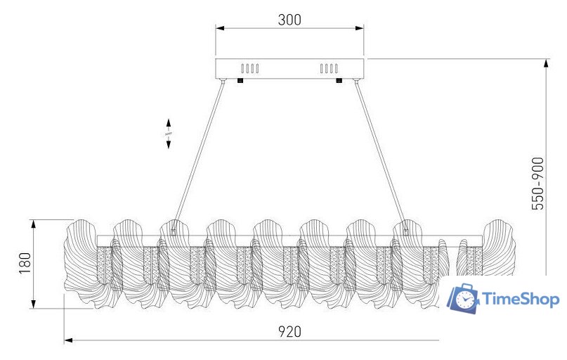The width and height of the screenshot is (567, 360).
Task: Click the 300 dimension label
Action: click(289, 20)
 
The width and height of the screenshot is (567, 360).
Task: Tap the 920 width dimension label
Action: click(289, 331)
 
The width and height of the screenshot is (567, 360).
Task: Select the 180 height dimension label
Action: click(25, 264)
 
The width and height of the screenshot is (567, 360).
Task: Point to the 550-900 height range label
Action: click(537, 184)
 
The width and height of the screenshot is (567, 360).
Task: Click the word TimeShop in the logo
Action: click(521, 300)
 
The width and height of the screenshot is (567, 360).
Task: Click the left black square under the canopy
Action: click(240, 81)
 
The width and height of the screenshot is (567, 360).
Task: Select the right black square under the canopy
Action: click(339, 81)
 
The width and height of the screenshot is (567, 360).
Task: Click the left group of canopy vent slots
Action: click(250, 68)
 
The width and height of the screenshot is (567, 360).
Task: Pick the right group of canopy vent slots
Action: click(329, 68)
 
